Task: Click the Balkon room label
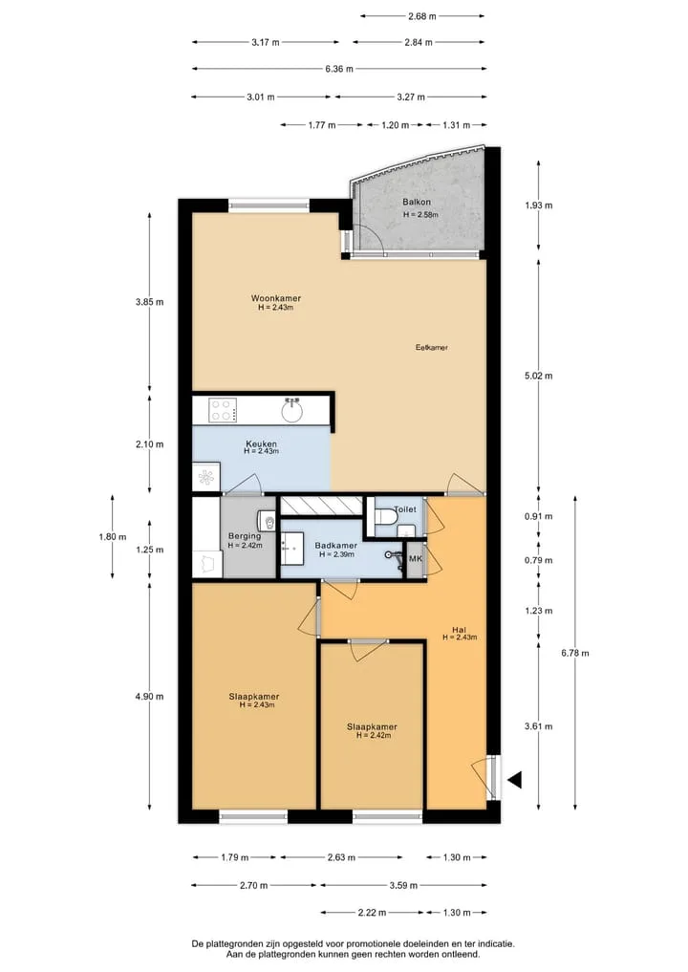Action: coord(416,202)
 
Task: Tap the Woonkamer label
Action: coord(276,298)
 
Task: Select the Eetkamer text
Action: coord(431,348)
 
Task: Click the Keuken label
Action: coord(261,443)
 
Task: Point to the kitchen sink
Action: coord(292,409)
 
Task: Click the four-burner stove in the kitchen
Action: coord(223,410)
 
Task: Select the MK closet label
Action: coord(416,558)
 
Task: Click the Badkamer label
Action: coord(336,546)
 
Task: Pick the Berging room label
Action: coord(245,536)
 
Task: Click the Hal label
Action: coord(460,630)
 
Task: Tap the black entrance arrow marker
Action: coord(514,779)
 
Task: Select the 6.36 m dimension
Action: coord(339,69)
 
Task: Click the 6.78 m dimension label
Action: coord(575,653)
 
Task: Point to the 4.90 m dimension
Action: coord(149,696)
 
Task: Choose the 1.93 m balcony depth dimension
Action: coord(539,205)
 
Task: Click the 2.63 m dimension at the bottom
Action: coord(341,857)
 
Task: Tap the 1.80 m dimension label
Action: coord(112,537)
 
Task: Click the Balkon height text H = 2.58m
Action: coord(420,215)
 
